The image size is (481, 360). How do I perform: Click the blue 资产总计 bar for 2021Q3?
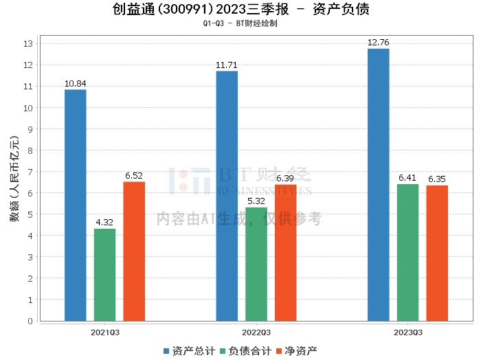tap(76, 205)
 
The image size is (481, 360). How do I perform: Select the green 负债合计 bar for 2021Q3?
tap(104, 275)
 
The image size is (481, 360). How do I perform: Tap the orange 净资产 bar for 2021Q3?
tap(134, 251)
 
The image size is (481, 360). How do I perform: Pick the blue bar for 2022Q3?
tap(227, 196)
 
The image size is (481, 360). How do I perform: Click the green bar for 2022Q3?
tap(256, 265)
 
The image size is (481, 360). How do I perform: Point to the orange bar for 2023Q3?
tap(437, 254)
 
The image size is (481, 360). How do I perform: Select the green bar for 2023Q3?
tap(407, 253)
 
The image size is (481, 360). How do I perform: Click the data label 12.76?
tap(378, 43)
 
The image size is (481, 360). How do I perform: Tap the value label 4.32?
tap(104, 223)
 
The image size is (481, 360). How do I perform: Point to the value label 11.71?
tap(227, 65)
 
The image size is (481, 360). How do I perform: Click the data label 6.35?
tap(437, 179)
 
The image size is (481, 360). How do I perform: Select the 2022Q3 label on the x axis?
tap(256, 333)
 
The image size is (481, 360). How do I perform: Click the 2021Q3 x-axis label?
tap(105, 333)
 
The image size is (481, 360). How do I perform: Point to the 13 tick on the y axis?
tap(28, 43)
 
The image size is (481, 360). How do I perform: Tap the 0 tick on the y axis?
tap(30, 321)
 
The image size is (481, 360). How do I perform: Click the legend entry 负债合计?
tap(246, 351)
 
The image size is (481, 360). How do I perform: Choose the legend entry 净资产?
tap(297, 351)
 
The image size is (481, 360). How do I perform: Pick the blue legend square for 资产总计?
tap(166, 352)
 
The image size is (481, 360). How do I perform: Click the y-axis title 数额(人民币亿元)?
tap(14, 179)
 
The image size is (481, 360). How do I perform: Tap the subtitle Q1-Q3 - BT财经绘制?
tap(240, 23)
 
